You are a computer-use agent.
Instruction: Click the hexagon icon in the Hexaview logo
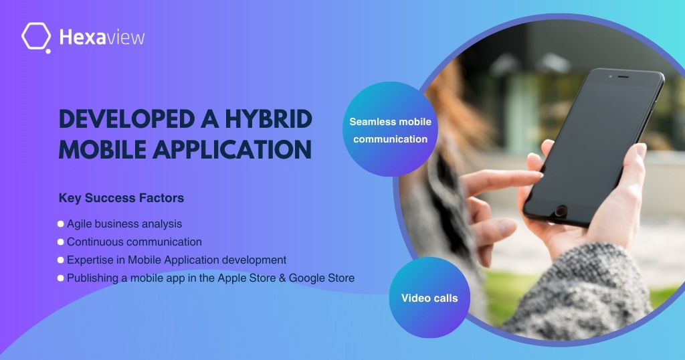pyautogui.click(x=36, y=37)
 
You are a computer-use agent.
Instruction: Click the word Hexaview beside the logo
pyautogui.click(x=102, y=37)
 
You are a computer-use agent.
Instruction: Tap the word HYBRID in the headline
pyautogui.click(x=269, y=119)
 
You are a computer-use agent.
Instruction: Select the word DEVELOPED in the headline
pyautogui.click(x=126, y=119)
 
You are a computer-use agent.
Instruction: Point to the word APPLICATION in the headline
pyautogui.click(x=232, y=150)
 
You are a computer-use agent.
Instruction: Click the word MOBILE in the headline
pyautogui.click(x=102, y=150)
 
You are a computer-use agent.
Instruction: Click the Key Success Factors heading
pyautogui.click(x=121, y=198)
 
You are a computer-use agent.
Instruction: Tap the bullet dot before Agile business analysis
pyautogui.click(x=61, y=224)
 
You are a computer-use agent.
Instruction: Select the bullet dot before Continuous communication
pyautogui.click(x=61, y=242)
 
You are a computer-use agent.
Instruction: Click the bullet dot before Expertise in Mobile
pyautogui.click(x=61, y=260)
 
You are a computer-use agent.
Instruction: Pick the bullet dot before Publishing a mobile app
pyautogui.click(x=61, y=278)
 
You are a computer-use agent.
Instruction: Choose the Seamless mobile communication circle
pyautogui.click(x=390, y=129)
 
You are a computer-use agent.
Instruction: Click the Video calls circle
pyautogui.click(x=429, y=298)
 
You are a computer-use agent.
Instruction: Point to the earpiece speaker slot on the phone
pyautogui.click(x=623, y=78)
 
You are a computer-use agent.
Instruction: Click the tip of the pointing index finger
pyautogui.click(x=541, y=175)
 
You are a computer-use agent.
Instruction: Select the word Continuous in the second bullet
pyautogui.click(x=95, y=242)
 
